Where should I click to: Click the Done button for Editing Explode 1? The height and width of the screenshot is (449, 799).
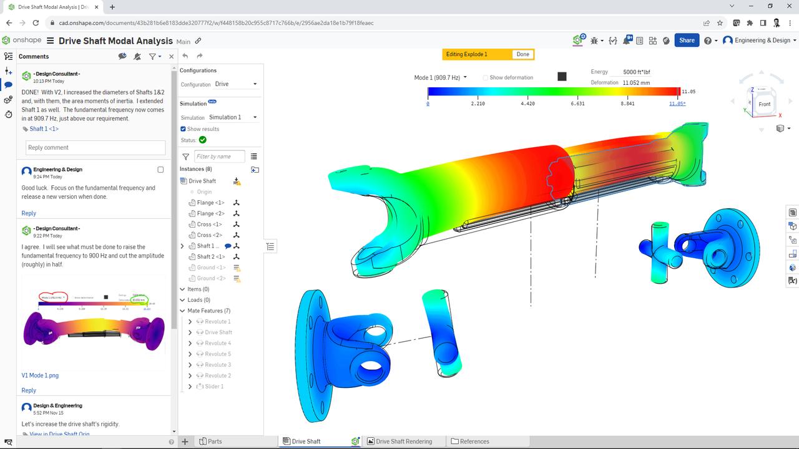click(x=522, y=54)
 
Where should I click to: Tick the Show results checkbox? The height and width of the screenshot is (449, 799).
click(x=183, y=129)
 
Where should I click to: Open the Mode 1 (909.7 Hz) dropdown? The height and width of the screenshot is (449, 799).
click(x=440, y=78)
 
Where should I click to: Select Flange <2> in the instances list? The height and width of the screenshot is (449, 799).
click(x=210, y=213)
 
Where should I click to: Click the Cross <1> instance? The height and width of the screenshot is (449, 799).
click(x=209, y=224)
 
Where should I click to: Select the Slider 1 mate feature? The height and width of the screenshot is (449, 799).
click(x=214, y=387)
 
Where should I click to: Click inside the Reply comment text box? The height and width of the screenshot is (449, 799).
click(x=96, y=148)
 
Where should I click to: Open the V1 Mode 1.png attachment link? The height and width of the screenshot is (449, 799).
click(x=40, y=375)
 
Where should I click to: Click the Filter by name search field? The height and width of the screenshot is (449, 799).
click(x=219, y=157)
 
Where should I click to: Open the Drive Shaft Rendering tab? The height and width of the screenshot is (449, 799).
click(x=403, y=442)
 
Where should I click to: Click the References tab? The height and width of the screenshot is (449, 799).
click(x=474, y=442)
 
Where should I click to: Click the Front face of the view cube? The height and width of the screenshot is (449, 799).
click(x=764, y=104)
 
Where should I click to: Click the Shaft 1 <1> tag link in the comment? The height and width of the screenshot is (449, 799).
click(x=44, y=129)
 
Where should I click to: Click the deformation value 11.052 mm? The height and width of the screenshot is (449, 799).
click(x=636, y=83)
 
